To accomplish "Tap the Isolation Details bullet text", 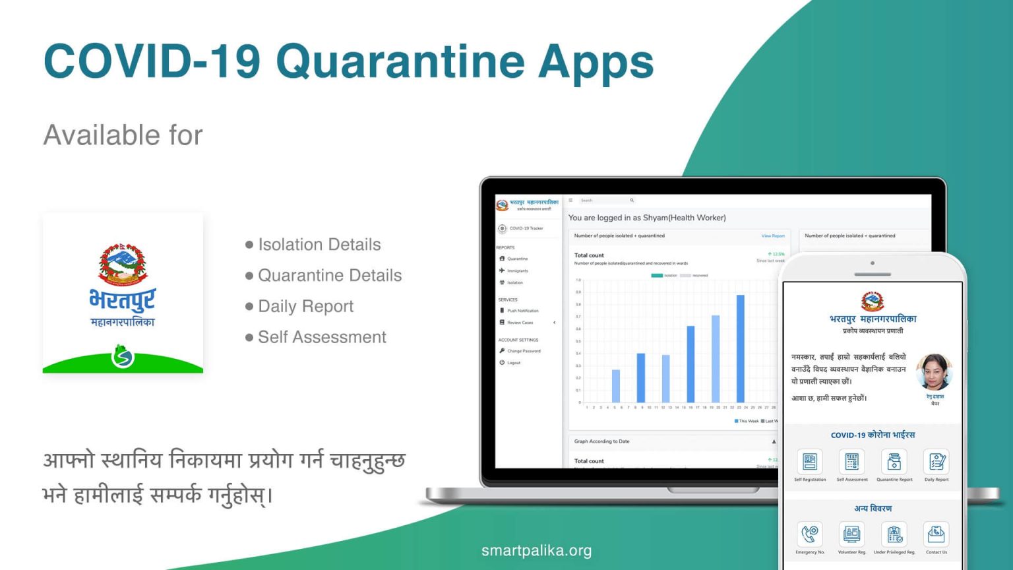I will pos(319,245).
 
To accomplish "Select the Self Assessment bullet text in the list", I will pos(322,337).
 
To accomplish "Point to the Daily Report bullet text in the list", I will pos(305,306).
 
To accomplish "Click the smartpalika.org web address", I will pos(536,550).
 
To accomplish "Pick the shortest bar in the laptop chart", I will pos(616,386).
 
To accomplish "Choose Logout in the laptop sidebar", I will pos(513,363).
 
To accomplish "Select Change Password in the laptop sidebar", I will pos(523,351).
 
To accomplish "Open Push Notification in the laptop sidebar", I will pos(522,311).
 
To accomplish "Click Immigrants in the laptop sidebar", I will pos(517,270).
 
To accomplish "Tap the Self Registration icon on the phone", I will pos(810,462).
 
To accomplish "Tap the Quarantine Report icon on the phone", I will pos(894,462).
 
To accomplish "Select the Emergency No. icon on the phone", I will pos(810,534).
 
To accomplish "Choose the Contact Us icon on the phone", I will pos(936,534).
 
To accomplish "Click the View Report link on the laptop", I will pos(773,236).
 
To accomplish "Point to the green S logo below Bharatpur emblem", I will pos(123,357).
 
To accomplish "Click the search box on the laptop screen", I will pos(606,201).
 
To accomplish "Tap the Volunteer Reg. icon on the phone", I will pos(851,534).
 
